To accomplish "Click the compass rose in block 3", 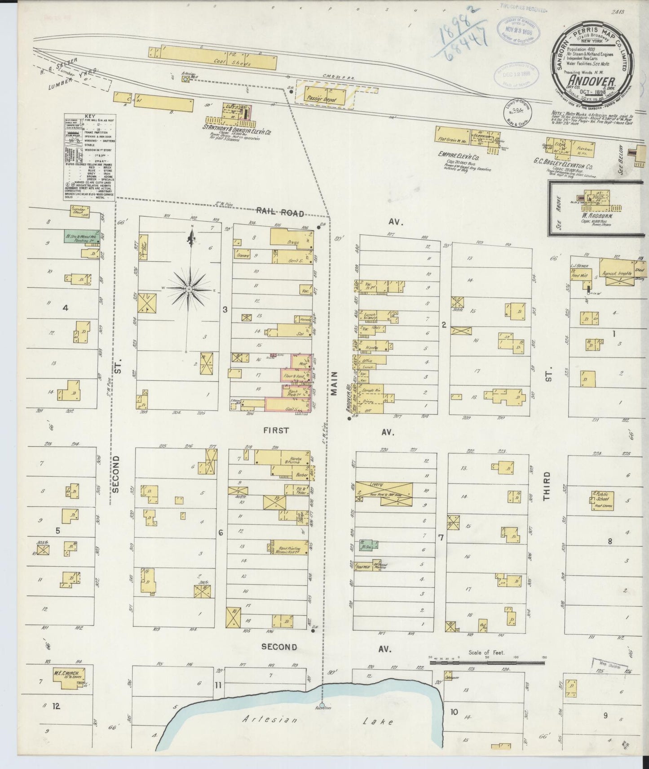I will coord(190,289).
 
